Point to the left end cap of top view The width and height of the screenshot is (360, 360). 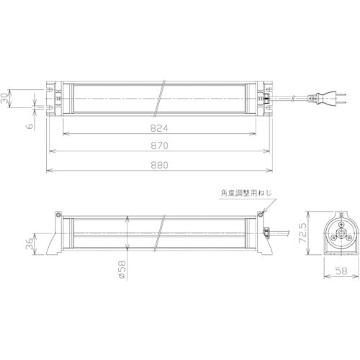coord(55,97)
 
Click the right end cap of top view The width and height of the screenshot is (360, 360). coord(266,97)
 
